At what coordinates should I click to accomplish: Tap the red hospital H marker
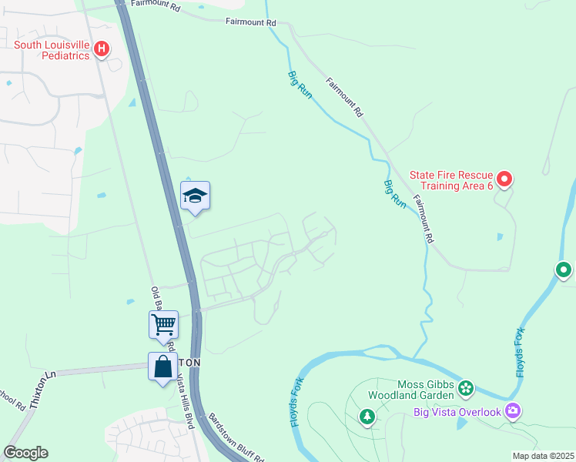click(102, 50)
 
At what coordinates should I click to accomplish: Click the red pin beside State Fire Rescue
click(504, 179)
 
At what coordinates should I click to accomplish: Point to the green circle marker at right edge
click(564, 269)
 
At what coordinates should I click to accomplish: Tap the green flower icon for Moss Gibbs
click(465, 387)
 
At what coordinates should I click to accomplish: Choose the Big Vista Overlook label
click(457, 411)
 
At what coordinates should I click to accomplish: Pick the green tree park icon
click(367, 417)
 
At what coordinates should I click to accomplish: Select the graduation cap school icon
click(195, 197)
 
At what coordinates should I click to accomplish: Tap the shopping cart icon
click(163, 324)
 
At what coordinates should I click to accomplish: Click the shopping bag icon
click(162, 367)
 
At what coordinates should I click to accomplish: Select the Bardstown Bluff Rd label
click(236, 437)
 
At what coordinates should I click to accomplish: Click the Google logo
click(25, 453)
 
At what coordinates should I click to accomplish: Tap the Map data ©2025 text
click(543, 456)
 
